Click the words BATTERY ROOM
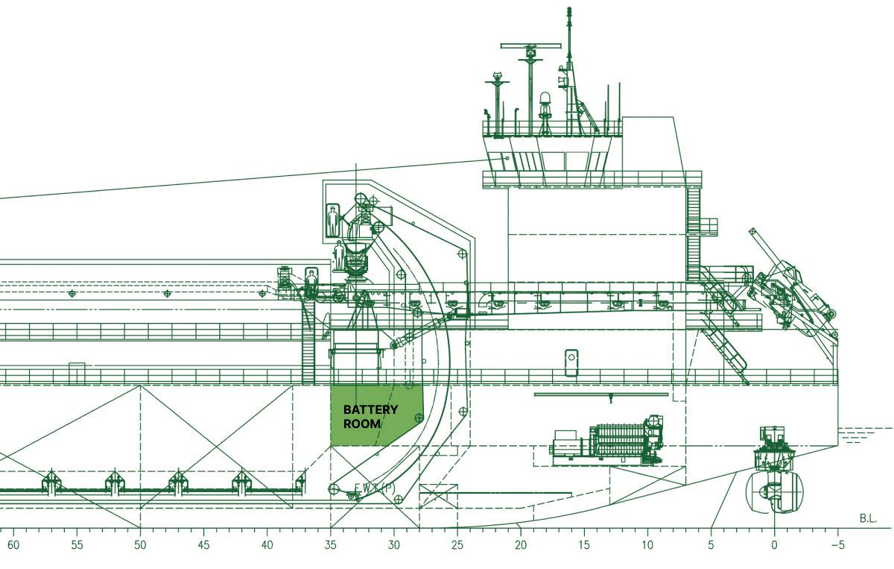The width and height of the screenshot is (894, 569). pyautogui.click(x=370, y=417)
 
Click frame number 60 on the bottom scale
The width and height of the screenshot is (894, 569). pyautogui.click(x=13, y=545)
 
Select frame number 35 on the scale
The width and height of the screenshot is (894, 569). pyautogui.click(x=330, y=545)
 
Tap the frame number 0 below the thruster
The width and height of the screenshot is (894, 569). pyautogui.click(x=774, y=545)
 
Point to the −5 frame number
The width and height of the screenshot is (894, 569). pyautogui.click(x=837, y=545)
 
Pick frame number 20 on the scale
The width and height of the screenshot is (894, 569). pyautogui.click(x=520, y=545)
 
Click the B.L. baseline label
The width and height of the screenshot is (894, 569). pyautogui.click(x=867, y=518)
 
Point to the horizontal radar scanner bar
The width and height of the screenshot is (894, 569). pyautogui.click(x=530, y=46)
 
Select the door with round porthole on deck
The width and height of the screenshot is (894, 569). pyautogui.click(x=571, y=362)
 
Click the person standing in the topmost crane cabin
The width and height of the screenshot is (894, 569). pyautogui.click(x=333, y=221)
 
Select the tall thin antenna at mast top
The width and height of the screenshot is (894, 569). pyautogui.click(x=570, y=30)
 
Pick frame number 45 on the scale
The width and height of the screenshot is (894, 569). pyautogui.click(x=203, y=545)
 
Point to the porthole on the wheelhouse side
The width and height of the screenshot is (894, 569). pyautogui.click(x=507, y=158)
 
